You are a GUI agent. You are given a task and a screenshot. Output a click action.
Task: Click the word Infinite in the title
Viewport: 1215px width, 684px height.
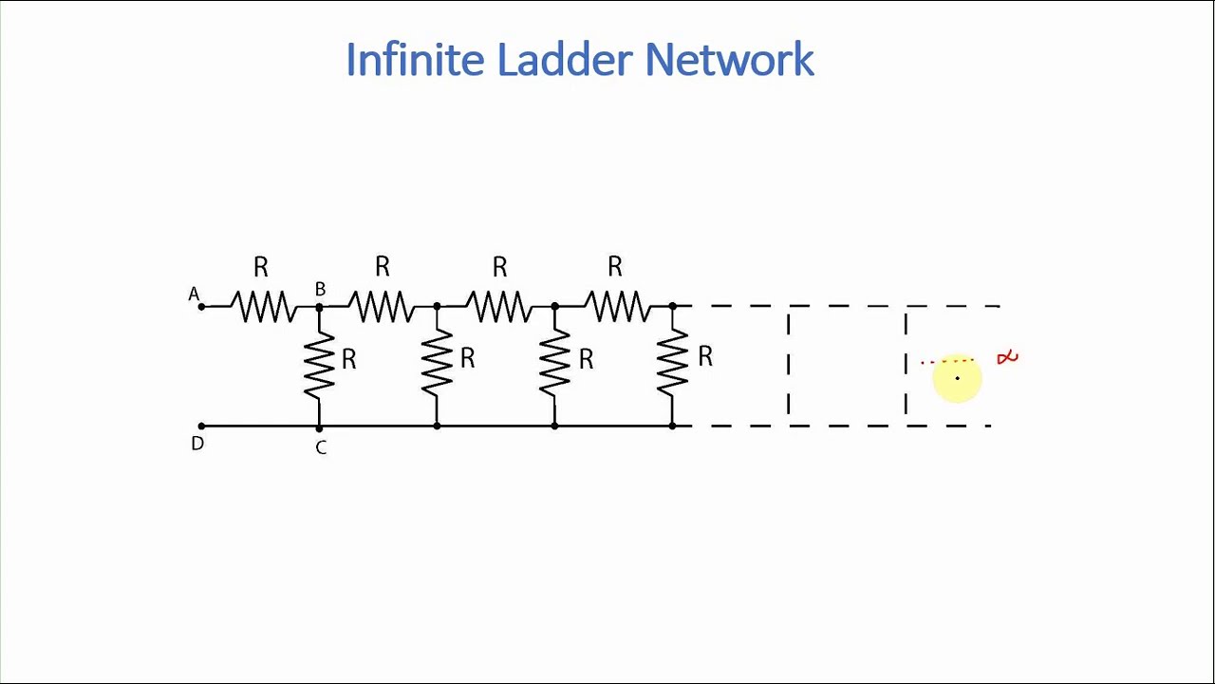[415, 60]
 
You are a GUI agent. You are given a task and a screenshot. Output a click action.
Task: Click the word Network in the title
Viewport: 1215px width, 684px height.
[729, 60]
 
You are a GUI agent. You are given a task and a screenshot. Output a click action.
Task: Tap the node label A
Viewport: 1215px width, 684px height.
[194, 294]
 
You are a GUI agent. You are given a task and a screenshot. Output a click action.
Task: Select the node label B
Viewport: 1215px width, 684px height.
[320, 289]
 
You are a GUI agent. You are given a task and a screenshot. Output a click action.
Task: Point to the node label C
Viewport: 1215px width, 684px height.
[321, 447]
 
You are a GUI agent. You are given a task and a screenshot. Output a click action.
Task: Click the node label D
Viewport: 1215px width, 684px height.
[197, 444]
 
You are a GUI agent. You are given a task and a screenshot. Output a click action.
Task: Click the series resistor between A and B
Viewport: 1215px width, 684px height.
[263, 307]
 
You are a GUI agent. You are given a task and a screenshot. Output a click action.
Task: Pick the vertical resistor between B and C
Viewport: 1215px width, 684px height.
[319, 366]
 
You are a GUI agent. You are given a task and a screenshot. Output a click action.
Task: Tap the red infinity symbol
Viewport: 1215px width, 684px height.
[1007, 357]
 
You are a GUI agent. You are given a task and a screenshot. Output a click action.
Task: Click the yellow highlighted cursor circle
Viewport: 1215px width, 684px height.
[957, 379]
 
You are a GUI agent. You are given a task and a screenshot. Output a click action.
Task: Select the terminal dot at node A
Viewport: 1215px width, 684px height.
[201, 307]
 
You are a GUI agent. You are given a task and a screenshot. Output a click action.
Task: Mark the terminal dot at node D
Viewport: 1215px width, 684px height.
[201, 426]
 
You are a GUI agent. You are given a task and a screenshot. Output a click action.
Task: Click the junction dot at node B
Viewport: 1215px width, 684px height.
[319, 307]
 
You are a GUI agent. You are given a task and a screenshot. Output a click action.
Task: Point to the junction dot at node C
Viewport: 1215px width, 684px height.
[319, 427]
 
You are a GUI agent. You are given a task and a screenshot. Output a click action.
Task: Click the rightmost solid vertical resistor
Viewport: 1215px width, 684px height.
[672, 366]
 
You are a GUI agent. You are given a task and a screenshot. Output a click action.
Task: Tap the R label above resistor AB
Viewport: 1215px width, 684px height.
[261, 267]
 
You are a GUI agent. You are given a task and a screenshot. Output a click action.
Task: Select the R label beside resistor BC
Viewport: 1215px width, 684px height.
[348, 359]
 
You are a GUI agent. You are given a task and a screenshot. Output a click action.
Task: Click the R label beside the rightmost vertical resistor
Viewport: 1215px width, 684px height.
[704, 356]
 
